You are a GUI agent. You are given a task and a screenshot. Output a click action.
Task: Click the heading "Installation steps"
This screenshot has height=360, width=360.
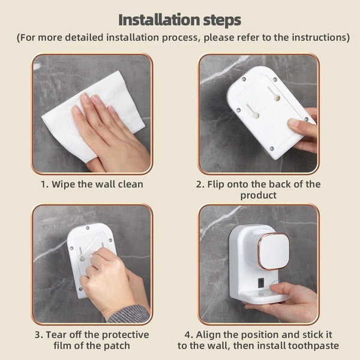point(180,19)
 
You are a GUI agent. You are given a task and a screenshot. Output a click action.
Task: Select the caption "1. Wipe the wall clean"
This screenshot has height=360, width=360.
point(92,184)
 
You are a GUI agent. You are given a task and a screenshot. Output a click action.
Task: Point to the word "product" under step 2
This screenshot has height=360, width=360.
point(258,196)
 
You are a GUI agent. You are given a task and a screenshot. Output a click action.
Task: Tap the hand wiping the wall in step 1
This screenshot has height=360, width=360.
point(108,129)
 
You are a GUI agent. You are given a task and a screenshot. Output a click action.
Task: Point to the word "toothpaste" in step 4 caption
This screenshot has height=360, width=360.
point(314,346)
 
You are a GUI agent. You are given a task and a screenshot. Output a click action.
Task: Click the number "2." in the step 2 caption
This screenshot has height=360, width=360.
point(201,184)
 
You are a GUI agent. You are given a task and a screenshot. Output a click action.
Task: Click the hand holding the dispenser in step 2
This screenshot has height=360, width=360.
point(304,127)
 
